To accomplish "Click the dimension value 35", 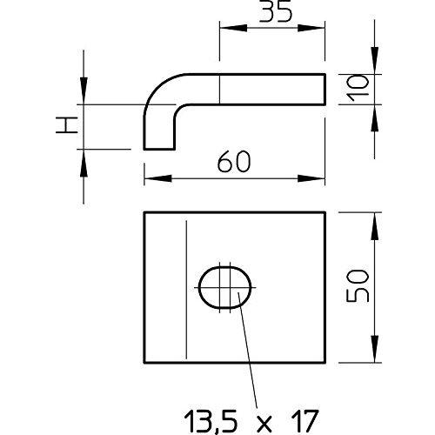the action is pos(275,12).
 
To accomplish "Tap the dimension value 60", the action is pos(234,162).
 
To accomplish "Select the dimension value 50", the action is pos(358,286).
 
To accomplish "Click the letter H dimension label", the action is pos(67,125).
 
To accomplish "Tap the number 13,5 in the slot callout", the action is pos(211,421).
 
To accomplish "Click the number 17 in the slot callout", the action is pos(304,420).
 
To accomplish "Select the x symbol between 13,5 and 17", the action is pos(264,423).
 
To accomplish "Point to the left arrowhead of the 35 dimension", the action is pos(233,28).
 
